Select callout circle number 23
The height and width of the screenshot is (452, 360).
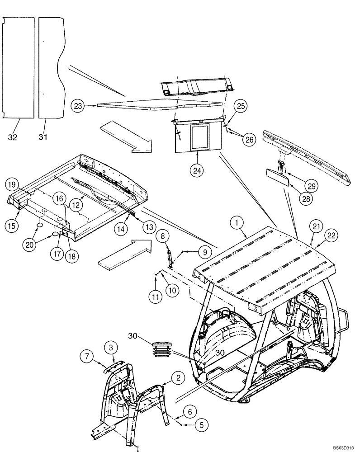(x=77, y=106)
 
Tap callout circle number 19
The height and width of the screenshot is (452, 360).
(x=12, y=184)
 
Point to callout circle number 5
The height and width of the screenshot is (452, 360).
(x=202, y=425)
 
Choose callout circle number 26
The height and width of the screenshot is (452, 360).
(x=248, y=140)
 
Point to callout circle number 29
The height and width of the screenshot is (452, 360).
(x=312, y=185)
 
